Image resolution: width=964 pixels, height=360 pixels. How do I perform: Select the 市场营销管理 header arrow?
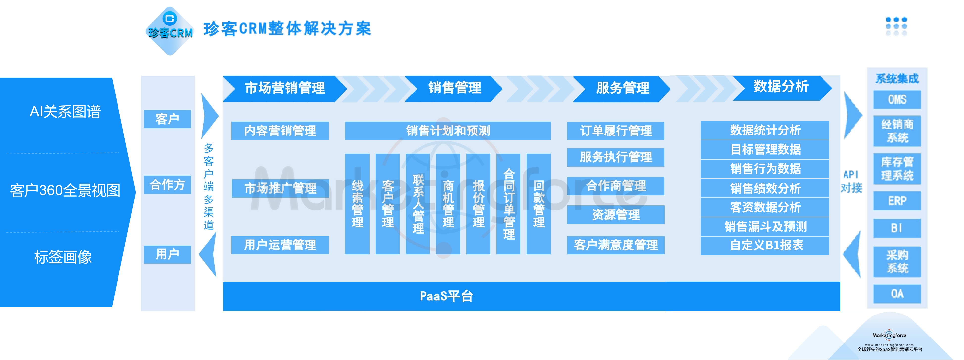(284, 88)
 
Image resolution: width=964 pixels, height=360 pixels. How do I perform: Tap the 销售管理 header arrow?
(454, 88)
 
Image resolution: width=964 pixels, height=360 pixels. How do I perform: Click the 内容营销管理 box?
(280, 131)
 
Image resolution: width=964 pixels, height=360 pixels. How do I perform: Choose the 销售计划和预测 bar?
(447, 131)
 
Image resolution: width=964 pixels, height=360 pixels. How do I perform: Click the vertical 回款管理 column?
(539, 204)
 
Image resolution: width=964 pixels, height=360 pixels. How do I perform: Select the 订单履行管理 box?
(616, 131)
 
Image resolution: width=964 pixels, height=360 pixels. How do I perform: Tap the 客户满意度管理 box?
(616, 245)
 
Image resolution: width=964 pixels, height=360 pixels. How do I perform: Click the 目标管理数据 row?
(765, 150)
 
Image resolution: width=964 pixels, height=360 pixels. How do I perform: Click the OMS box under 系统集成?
(897, 100)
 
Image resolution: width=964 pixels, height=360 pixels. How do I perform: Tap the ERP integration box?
(897, 201)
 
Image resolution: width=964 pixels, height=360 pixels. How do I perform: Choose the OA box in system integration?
(897, 294)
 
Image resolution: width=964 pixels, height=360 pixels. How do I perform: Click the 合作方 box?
(167, 184)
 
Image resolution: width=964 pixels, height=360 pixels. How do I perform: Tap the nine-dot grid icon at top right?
(896, 26)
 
